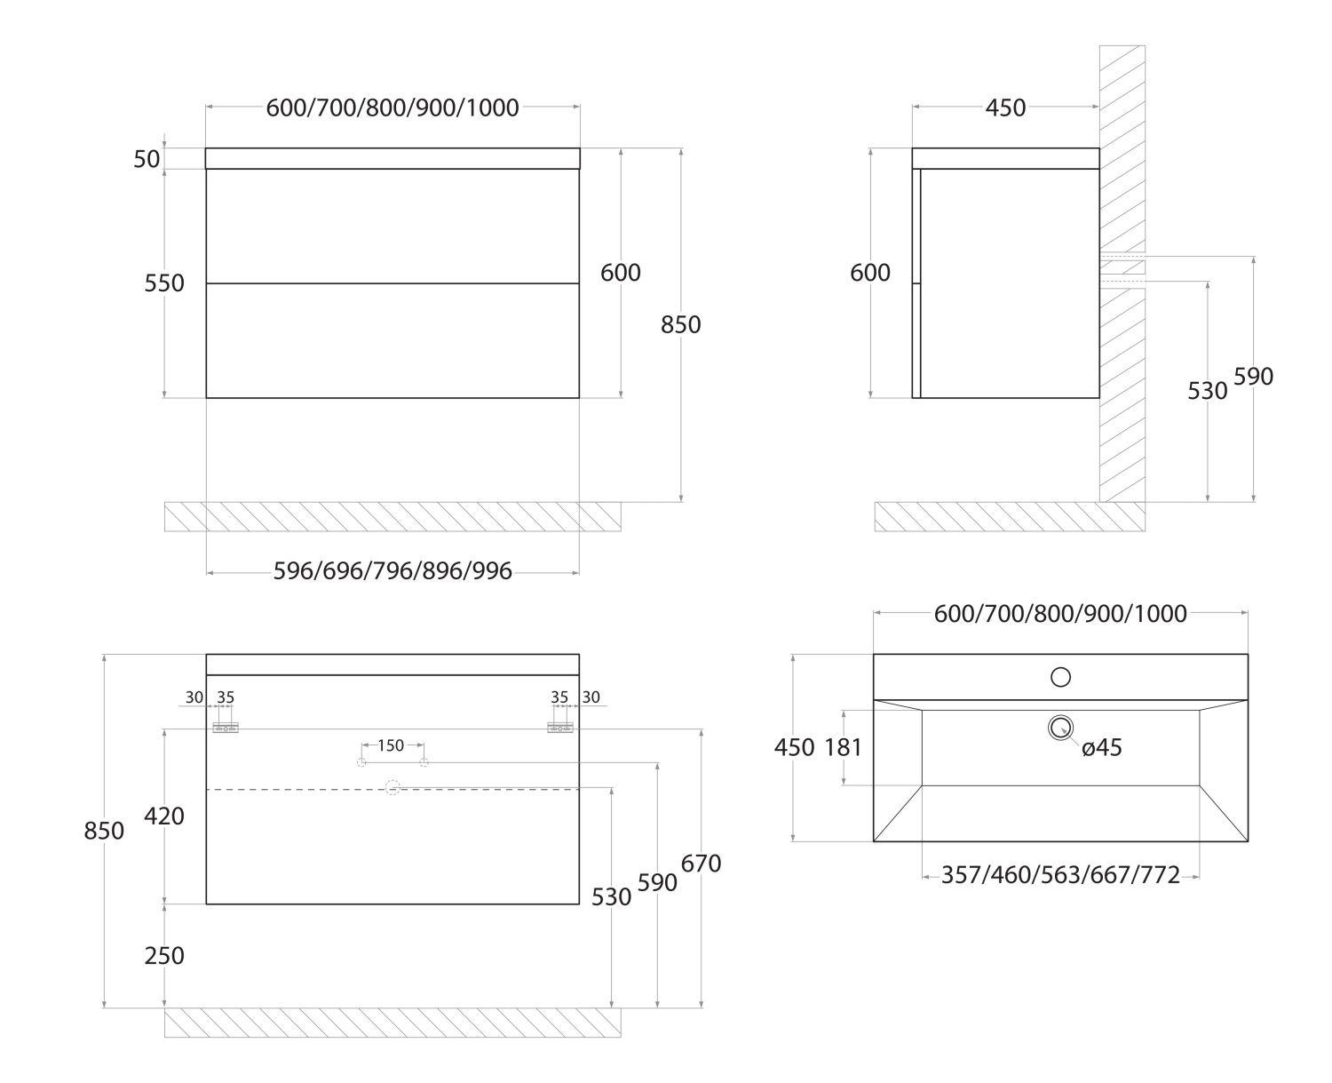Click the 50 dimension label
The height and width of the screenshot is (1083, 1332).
[x=147, y=159]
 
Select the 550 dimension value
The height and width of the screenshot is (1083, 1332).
[x=164, y=283]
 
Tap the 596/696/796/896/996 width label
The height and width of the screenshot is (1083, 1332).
[x=392, y=571]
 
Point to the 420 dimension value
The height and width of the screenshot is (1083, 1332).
[x=164, y=816]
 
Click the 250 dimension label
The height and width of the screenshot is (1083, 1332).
[x=164, y=955]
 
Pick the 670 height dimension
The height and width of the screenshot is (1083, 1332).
[x=702, y=864]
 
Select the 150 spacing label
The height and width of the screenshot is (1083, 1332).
[x=392, y=745]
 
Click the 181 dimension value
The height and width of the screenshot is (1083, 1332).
[x=843, y=747]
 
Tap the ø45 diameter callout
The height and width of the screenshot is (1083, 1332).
[x=1102, y=748]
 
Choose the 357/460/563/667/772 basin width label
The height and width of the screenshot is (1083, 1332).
[x=1060, y=876]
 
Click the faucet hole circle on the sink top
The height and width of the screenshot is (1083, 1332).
[x=1060, y=677]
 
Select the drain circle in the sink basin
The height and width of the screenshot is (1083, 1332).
[x=1060, y=729]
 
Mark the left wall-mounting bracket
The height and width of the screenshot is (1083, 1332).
[x=226, y=728]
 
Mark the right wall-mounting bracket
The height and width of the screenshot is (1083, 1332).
[x=560, y=728]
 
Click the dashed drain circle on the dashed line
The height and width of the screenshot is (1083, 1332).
[x=392, y=787]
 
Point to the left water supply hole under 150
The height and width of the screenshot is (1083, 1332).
[x=361, y=763]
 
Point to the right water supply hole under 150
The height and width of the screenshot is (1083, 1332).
[x=424, y=763]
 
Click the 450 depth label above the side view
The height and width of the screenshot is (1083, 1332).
[x=1005, y=108]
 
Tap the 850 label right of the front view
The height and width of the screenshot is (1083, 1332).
[x=681, y=325]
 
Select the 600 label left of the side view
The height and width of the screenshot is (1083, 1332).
[x=870, y=273]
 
